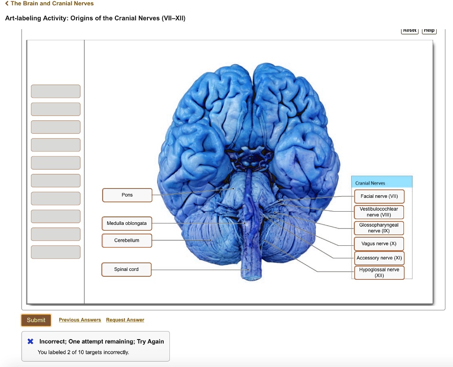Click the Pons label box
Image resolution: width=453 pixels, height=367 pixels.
127,195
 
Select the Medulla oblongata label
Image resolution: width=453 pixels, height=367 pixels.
127,224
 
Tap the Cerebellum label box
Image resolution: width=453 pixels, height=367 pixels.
127,240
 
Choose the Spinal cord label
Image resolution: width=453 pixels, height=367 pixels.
127,270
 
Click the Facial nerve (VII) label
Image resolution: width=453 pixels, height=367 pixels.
379,196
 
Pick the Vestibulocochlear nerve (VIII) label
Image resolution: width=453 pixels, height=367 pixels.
379,212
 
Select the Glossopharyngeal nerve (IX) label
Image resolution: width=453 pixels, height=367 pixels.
379,228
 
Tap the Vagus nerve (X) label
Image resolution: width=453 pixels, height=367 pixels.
379,244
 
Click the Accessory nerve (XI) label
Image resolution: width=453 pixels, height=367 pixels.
379,258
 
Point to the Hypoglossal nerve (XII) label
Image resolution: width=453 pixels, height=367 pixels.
379,272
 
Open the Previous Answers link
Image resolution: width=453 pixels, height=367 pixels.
80,320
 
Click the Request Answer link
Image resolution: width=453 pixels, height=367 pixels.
125,320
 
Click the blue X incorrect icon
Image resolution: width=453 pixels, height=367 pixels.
31,341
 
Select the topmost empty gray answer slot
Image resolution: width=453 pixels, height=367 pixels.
56,91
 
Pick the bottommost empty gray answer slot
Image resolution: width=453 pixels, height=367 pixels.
56,252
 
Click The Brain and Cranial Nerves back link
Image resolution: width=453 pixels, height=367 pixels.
49,4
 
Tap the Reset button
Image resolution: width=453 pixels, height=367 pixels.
410,30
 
